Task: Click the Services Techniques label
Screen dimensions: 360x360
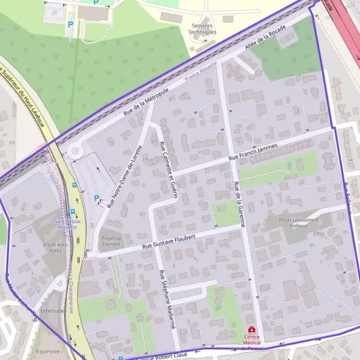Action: [x=203, y=29]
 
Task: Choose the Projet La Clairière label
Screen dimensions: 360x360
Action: [x=110, y=241]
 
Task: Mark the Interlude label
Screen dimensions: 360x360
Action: [x=53, y=311]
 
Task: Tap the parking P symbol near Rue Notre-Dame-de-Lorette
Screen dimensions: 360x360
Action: [x=96, y=197]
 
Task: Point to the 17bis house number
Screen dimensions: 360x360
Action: [x=317, y=234]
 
